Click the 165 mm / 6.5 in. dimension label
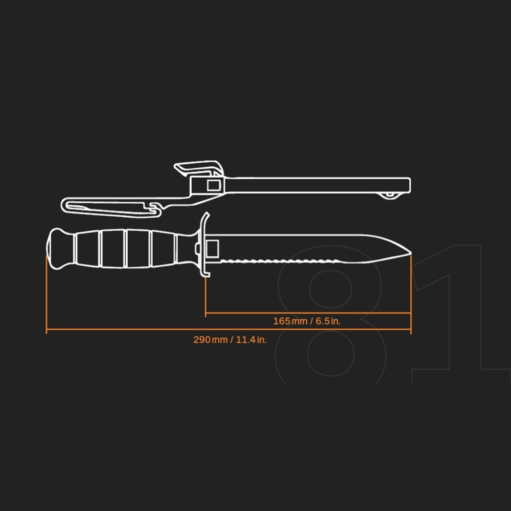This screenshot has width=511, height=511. pos(307,321)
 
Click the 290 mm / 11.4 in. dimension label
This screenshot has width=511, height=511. pos(230,339)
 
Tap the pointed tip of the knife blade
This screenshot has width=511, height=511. pos(410,253)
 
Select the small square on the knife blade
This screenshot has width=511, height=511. pos(212,249)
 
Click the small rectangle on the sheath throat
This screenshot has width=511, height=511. pos(214,186)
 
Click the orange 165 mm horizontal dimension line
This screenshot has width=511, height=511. pos(308,313)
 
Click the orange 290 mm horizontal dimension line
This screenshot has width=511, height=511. pos(229,329)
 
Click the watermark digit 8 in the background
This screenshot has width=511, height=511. pos(330,314)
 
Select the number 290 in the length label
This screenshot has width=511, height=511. pos(202,339)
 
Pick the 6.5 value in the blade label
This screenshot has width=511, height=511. pos(323,321)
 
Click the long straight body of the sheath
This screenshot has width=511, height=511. pos(318,186)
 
